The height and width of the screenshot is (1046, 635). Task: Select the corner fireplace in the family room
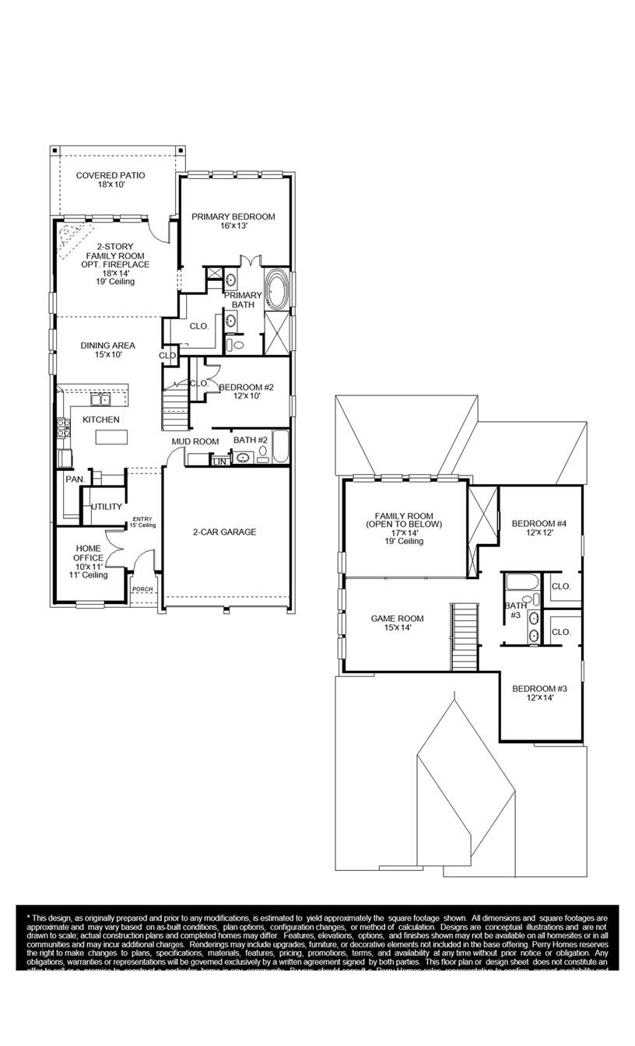tap(74, 233)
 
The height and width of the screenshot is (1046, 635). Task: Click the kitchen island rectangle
tap(110, 437)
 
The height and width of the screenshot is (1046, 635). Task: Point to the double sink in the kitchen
tap(100, 400)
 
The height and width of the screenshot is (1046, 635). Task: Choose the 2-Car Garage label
tap(224, 532)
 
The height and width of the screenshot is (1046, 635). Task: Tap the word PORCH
tap(142, 589)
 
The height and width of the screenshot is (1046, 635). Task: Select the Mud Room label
tap(195, 441)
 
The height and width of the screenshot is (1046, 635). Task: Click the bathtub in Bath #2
tap(280, 446)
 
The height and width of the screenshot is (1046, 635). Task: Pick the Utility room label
tap(107, 507)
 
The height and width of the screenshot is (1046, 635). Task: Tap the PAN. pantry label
tap(74, 479)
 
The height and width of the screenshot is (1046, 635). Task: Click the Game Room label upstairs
tap(397, 623)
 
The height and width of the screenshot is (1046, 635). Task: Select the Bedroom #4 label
tap(539, 528)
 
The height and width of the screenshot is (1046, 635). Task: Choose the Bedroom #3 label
tap(539, 693)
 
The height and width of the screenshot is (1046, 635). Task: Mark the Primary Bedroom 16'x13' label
tap(233, 221)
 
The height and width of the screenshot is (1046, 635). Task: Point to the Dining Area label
tap(107, 349)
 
